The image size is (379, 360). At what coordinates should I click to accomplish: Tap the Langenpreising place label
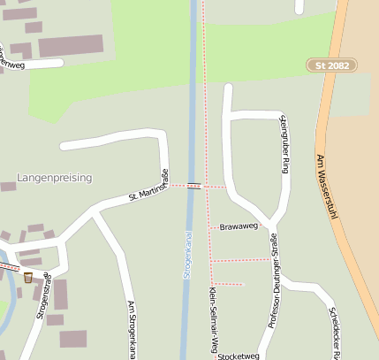pyautogui.click(x=54, y=178)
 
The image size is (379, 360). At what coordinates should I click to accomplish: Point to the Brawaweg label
pyautogui.click(x=239, y=226)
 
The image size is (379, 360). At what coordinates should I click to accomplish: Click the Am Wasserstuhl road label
pyautogui.click(x=327, y=194)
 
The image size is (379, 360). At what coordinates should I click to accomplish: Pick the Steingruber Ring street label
pyautogui.click(x=284, y=143)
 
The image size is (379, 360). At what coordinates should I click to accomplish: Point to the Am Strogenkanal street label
pyautogui.click(x=132, y=329)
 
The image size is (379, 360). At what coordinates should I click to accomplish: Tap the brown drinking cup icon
pyautogui.click(x=28, y=277)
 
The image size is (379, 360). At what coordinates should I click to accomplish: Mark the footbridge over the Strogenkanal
pyautogui.click(x=193, y=186)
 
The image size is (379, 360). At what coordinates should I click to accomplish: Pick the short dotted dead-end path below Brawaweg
pyautogui.click(x=228, y=284)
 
